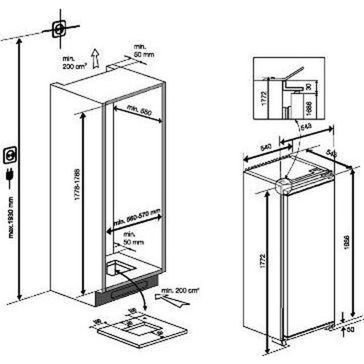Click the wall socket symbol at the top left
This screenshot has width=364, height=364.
(x=59, y=30)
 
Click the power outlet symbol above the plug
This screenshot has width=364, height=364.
(x=11, y=154)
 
